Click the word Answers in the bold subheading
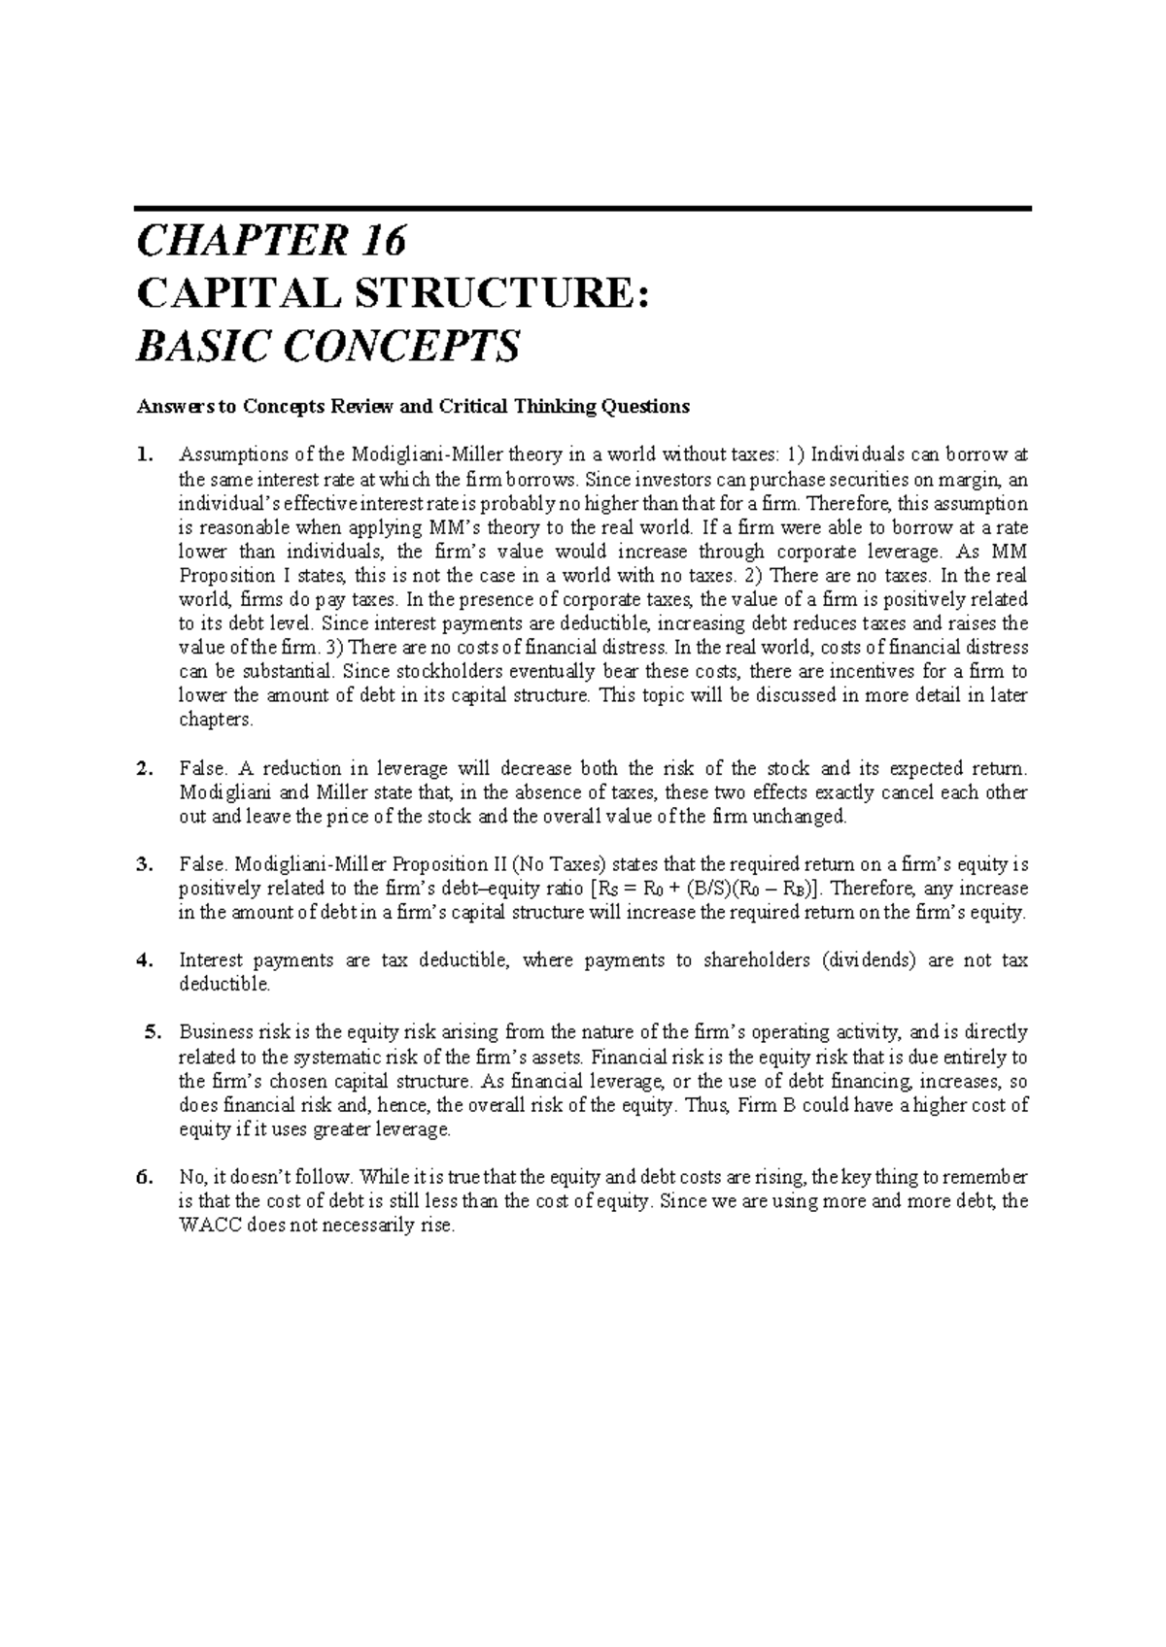(167, 406)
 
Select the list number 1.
(145, 454)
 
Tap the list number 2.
(145, 769)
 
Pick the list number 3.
(145, 864)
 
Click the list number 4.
(145, 960)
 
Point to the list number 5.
(150, 1032)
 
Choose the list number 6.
(145, 1177)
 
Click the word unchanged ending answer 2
(805, 817)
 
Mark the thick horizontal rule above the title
(582, 209)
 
